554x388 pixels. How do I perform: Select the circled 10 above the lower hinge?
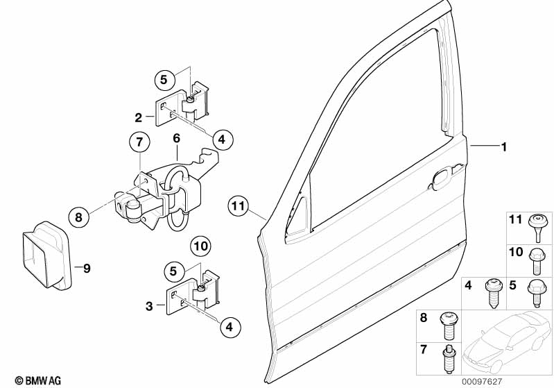click(200, 246)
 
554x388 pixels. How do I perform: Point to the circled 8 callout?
click(78, 217)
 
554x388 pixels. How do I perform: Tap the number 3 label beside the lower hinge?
click(150, 305)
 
